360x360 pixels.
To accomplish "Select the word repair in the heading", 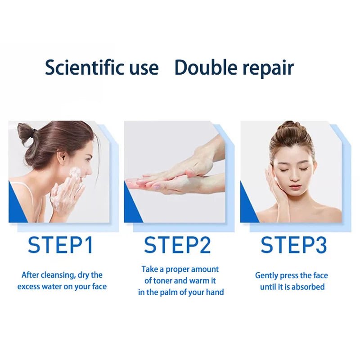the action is click(x=268, y=69).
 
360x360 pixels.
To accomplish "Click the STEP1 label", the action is click(x=60, y=245).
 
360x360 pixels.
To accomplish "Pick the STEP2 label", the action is click(x=177, y=245).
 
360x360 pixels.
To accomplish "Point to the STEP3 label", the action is click(x=294, y=245).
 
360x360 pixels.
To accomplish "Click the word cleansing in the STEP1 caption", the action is click(x=58, y=275).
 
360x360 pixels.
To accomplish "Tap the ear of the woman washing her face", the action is click(x=63, y=158).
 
